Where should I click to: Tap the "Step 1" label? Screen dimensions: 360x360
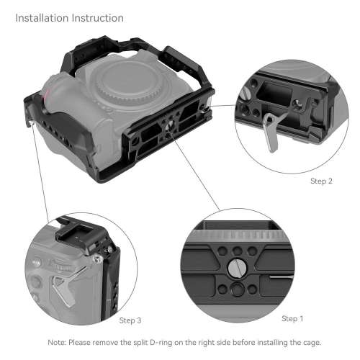[x=292, y=318]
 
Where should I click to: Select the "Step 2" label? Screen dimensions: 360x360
[x=320, y=181]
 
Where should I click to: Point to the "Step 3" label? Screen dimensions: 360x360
[x=130, y=320]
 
